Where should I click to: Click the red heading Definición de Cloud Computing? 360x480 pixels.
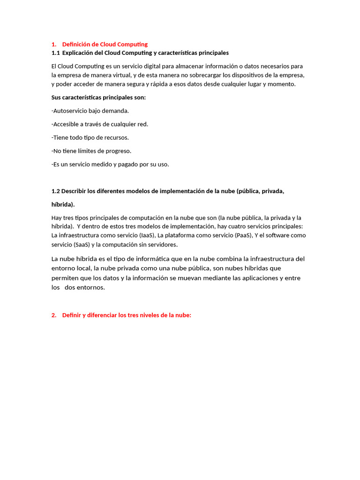coord(105,45)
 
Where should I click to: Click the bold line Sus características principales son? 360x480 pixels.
coord(98,97)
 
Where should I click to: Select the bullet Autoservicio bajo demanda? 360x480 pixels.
coord(90,111)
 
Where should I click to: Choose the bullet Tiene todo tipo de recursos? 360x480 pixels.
coord(90,138)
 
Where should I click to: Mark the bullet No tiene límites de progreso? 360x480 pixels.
coord(91,151)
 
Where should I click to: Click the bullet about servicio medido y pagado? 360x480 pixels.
coord(110,165)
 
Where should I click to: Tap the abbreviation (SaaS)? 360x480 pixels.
coord(82,245)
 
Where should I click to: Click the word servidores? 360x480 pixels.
coord(162,245)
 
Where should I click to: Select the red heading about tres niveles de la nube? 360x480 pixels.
coord(127,315)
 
